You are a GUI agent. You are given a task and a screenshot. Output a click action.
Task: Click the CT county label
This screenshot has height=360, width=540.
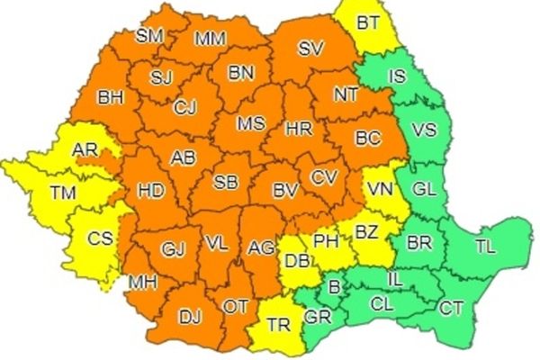pos(451,309)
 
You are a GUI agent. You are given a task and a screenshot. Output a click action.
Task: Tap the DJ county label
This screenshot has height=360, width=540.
pos(189,316)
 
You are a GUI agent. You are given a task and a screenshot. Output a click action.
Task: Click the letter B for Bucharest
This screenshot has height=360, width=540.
pos(336,288)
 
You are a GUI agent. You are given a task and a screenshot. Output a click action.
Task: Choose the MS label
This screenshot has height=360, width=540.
pos(251,122)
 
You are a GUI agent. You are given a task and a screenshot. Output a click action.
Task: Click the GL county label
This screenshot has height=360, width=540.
pos(424,190)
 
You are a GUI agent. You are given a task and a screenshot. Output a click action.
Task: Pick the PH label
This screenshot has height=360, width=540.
pos(326,241)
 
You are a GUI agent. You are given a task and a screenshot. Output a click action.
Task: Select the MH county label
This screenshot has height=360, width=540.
pos(142,283)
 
